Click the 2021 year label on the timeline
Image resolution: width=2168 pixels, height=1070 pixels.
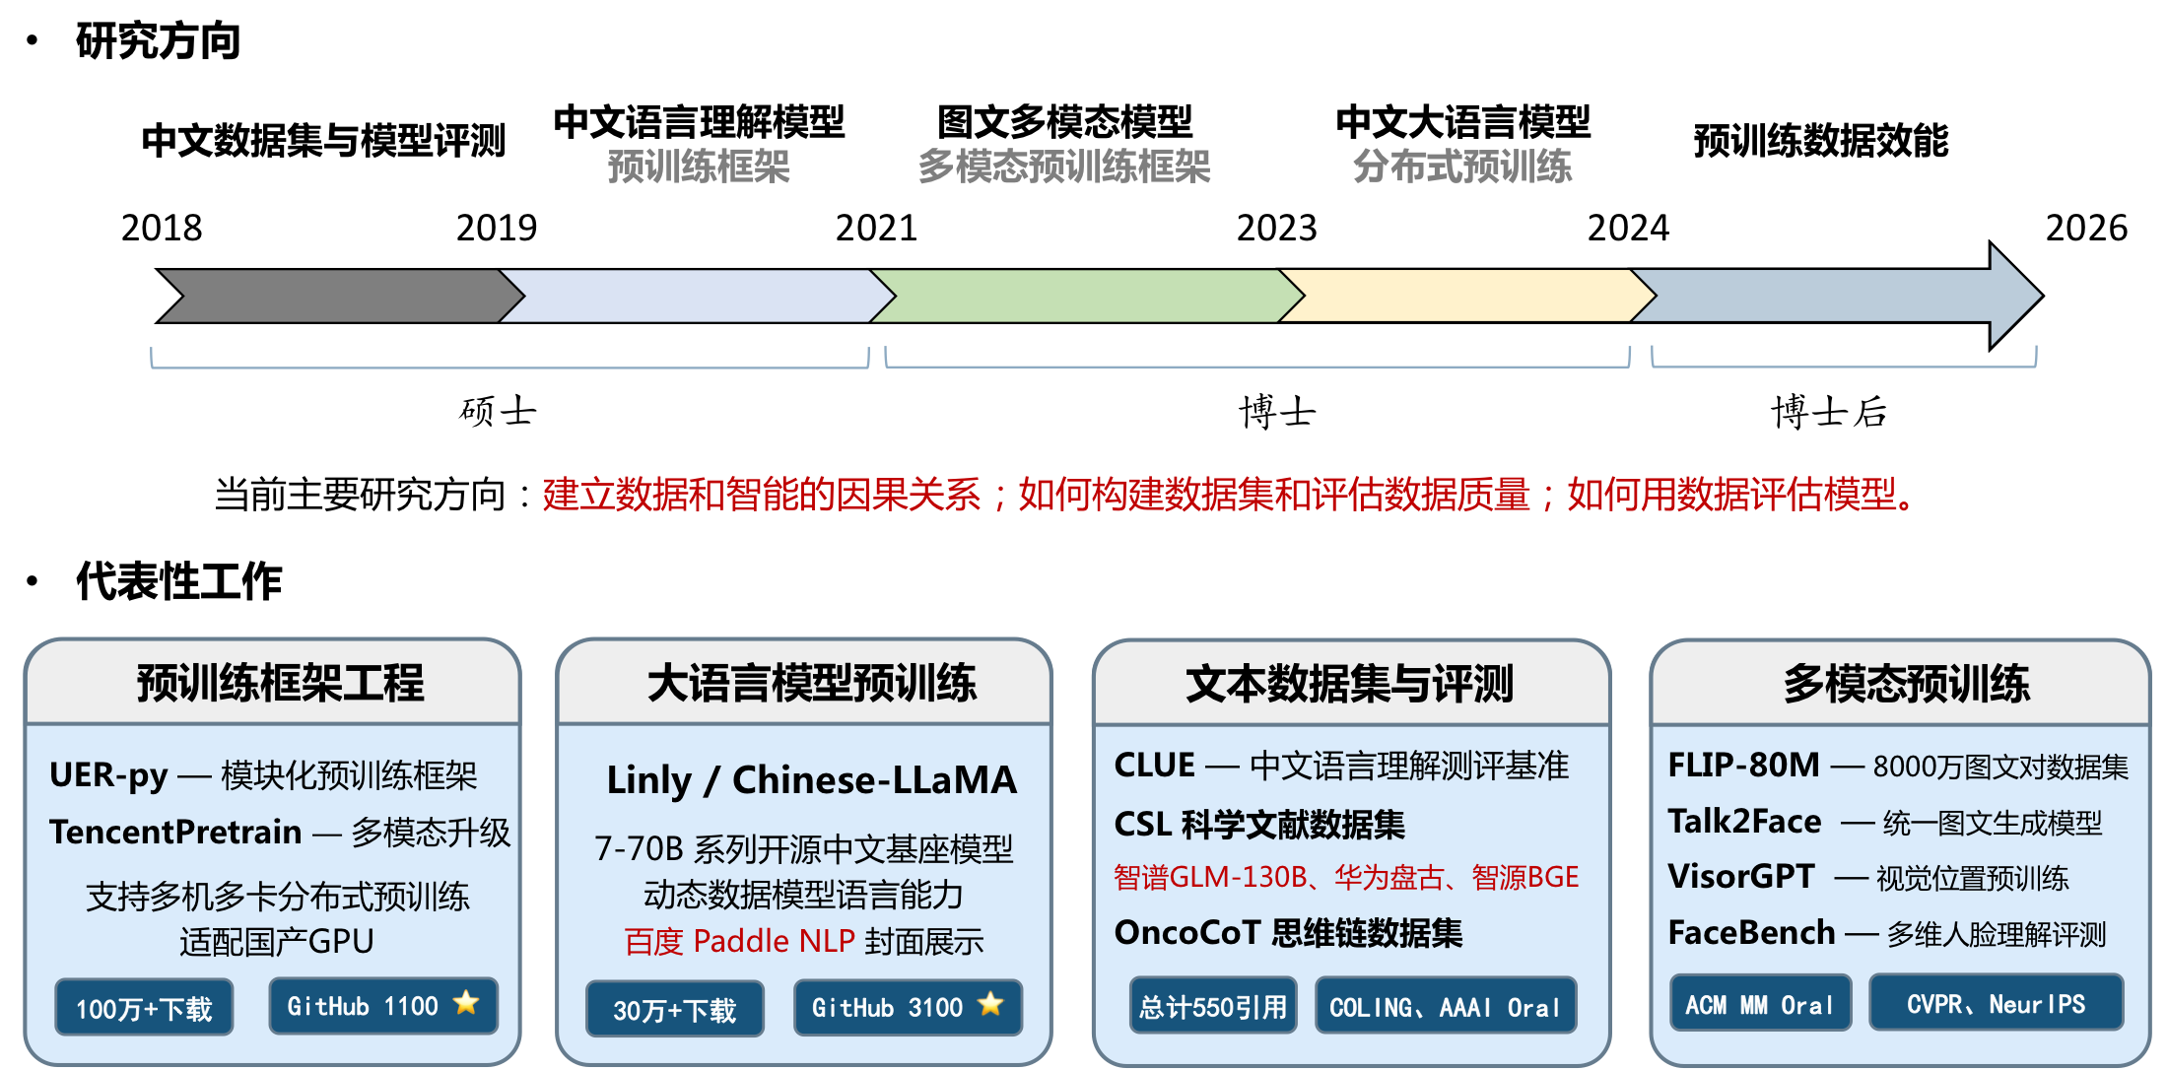(876, 229)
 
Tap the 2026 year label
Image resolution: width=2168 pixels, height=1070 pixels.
(2086, 229)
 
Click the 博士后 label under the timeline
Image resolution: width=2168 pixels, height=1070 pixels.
(1829, 412)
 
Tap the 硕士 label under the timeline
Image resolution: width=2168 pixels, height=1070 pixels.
(498, 412)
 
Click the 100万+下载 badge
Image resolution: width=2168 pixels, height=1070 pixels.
(144, 1007)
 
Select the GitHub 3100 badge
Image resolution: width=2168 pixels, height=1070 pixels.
(908, 1007)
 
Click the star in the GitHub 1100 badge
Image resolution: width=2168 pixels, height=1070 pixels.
(466, 1004)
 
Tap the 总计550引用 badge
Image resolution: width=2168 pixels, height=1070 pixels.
(1213, 1006)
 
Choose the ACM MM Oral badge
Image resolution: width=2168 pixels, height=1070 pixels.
(1760, 1003)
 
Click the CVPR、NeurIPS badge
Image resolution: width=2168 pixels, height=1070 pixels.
(1996, 1003)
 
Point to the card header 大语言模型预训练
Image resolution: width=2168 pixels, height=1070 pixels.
(812, 683)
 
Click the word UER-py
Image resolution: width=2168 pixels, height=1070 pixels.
(108, 775)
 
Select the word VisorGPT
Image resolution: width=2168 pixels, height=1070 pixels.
(1740, 876)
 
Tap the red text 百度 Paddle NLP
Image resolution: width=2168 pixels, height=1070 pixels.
(739, 942)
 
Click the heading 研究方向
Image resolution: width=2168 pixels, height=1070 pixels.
(158, 41)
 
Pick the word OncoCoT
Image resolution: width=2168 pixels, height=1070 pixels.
(1187, 932)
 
